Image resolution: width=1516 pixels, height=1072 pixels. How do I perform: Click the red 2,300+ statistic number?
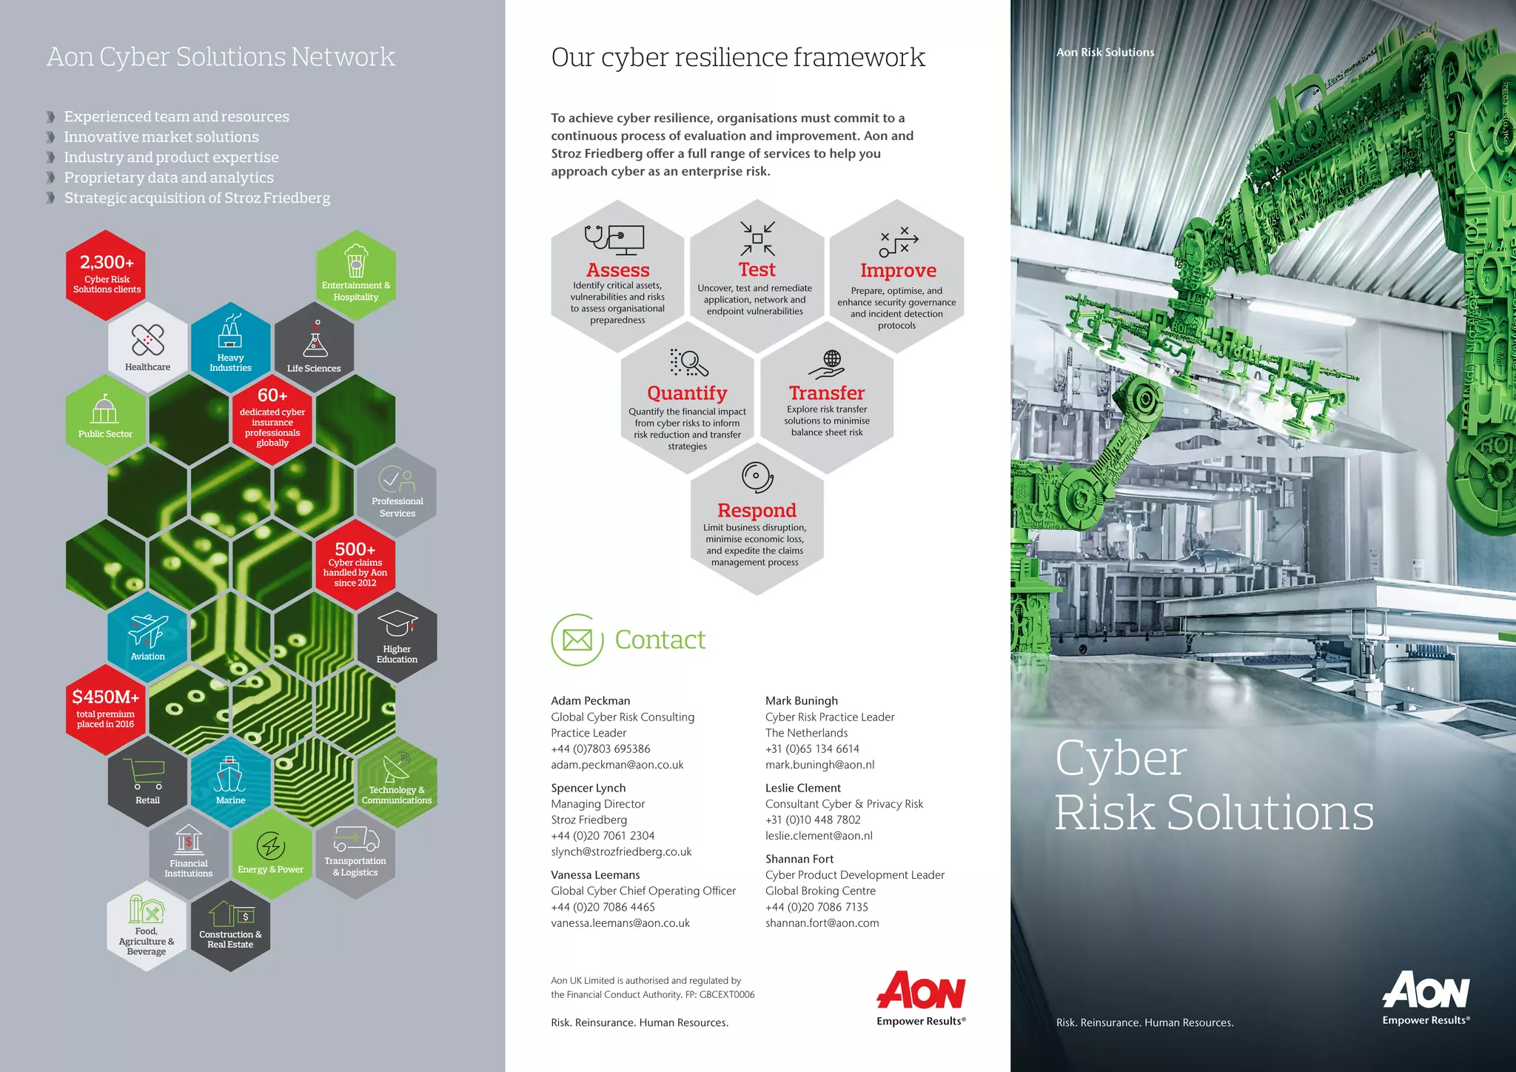pos(107,262)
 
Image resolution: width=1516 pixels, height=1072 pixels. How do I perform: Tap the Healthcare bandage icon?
pos(147,340)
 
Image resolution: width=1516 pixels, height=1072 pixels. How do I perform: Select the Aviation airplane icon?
pos(148,630)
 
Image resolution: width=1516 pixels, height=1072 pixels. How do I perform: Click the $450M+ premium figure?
pos(105,697)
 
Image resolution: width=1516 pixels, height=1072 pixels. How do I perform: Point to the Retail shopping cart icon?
pos(147,774)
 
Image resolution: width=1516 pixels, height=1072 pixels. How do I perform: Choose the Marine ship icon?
pos(230,774)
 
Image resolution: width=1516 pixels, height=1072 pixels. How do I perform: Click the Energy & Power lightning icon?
pos(271,845)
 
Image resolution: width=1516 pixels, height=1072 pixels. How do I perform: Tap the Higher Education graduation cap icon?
pos(398,623)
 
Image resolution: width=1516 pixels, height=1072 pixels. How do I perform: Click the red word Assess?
pos(617,270)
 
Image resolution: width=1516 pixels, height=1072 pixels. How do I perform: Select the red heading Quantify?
pos(687,393)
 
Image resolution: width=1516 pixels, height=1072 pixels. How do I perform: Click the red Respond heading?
pos(757,510)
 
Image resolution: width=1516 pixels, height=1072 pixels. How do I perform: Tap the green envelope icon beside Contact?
pos(577,640)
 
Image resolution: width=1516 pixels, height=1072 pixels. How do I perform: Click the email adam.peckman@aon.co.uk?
pos(617,765)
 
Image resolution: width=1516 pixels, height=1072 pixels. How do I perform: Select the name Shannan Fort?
pos(799,859)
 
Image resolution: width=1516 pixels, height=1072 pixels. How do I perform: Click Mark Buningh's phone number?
pos(812,748)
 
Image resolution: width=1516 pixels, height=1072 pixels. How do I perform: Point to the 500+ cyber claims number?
pos(355,549)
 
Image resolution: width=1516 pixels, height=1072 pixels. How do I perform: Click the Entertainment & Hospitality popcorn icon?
pos(356,261)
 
